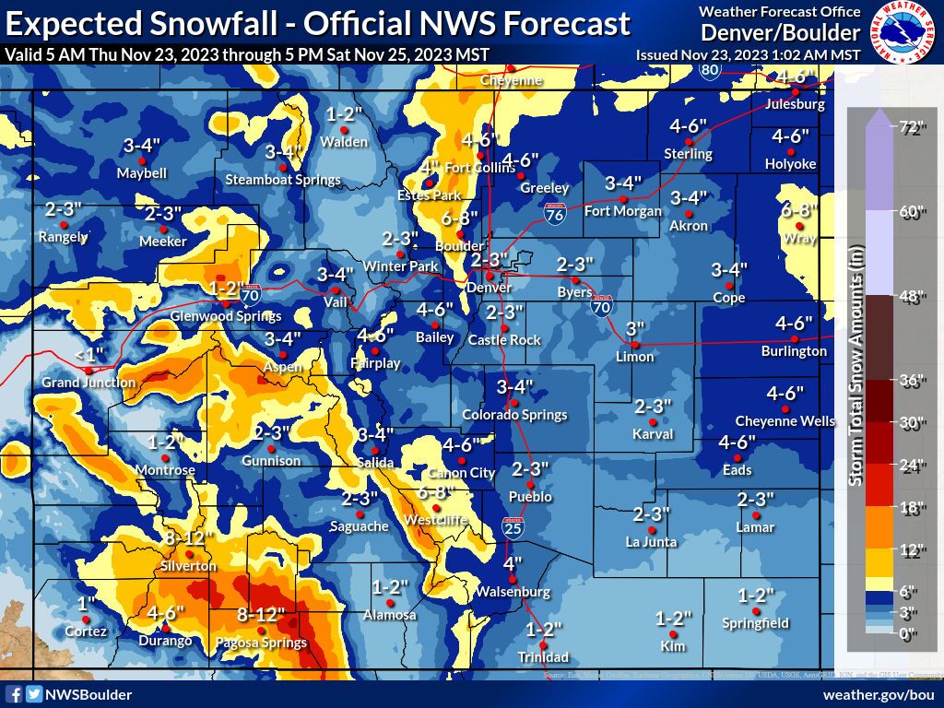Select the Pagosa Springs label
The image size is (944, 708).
coord(261,643)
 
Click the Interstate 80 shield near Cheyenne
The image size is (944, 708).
coord(709,70)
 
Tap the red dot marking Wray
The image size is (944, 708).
coord(800,225)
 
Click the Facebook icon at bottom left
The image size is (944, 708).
coord(14,694)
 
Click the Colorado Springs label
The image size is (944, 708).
coord(514,415)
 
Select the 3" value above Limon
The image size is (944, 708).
coord(635,329)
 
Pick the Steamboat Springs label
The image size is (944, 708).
coord(283,180)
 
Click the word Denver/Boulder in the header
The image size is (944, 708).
coord(780,33)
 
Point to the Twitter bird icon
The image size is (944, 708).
coord(33,694)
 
